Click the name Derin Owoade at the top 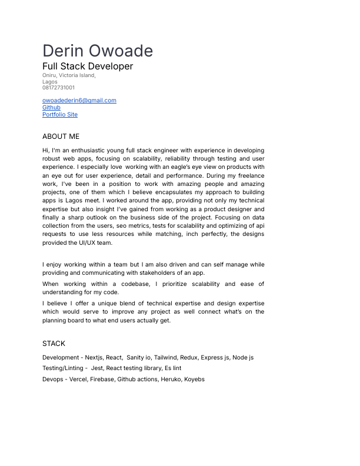point(98,51)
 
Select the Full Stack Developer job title point(88,66)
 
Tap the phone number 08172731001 point(58,88)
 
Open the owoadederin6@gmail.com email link point(79,101)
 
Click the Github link point(51,108)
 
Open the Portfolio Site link point(60,115)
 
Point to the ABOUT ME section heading point(61,137)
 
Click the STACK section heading point(54,344)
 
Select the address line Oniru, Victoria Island point(69,75)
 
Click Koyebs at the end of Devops point(194,380)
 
